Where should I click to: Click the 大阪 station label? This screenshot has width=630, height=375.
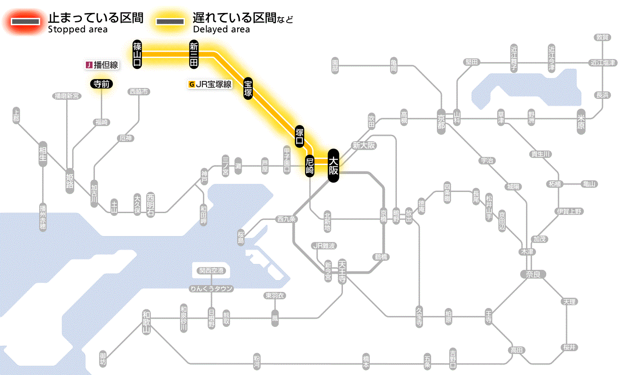[x=333, y=165]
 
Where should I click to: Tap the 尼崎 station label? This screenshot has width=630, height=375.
[x=310, y=165]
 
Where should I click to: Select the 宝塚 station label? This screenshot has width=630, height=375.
[x=248, y=88]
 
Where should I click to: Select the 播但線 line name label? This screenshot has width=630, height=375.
[x=102, y=65]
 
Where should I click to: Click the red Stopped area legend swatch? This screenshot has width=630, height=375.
[x=27, y=22]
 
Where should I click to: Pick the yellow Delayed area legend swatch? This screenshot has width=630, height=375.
[x=170, y=22]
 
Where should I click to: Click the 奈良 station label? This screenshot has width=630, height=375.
[x=532, y=274]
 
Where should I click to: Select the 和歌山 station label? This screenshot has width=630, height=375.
[x=146, y=322]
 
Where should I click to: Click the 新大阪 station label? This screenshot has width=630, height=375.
[x=364, y=145]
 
